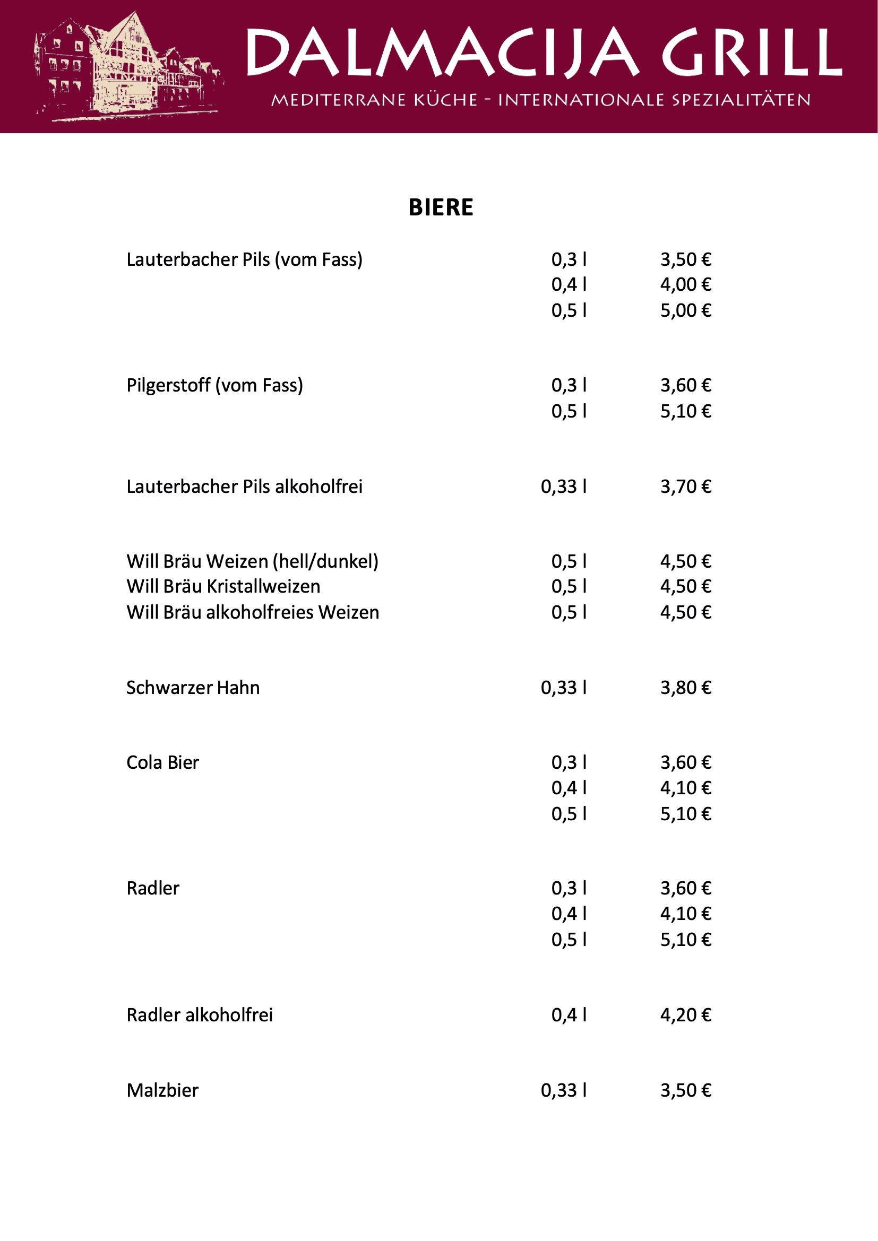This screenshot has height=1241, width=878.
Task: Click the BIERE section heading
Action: pos(441,207)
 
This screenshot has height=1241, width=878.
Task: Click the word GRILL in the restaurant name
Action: pos(752,53)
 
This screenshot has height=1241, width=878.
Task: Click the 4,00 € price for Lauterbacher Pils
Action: pos(685,285)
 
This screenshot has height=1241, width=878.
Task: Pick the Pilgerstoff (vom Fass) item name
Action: pos(214,385)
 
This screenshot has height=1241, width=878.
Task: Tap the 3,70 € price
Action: pos(685,487)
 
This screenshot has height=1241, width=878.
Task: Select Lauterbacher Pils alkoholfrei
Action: pos(244,487)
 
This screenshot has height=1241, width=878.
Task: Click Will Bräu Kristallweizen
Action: pos(223,586)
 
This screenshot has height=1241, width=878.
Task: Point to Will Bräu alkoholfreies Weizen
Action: pos(253,612)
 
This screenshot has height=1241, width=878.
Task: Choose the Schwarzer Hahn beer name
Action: pos(193,688)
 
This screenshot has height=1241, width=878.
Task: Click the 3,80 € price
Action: pos(685,688)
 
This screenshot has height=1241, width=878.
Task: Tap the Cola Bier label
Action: pos(163,762)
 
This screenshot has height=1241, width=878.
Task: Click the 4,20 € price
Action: pos(685,1015)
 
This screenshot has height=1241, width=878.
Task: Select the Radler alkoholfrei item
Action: pos(200,1015)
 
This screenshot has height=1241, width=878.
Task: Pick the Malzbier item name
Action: pos(163,1090)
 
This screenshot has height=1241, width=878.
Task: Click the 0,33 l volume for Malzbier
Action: pos(563,1090)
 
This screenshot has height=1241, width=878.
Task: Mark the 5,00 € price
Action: pos(685,311)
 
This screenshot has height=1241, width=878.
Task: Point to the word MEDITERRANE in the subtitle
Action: pos(339,100)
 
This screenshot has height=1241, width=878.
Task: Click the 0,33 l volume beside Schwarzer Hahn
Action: pos(563,688)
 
